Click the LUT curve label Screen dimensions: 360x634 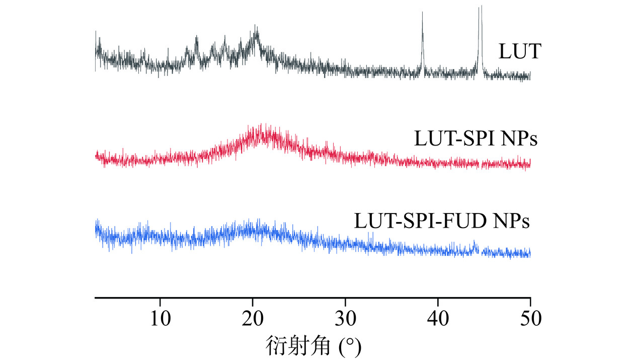[519, 52]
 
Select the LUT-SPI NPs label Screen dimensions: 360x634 [475, 139]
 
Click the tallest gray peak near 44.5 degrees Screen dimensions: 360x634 [481, 7]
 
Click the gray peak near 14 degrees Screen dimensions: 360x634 [196, 37]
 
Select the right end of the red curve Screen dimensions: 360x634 [530, 164]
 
